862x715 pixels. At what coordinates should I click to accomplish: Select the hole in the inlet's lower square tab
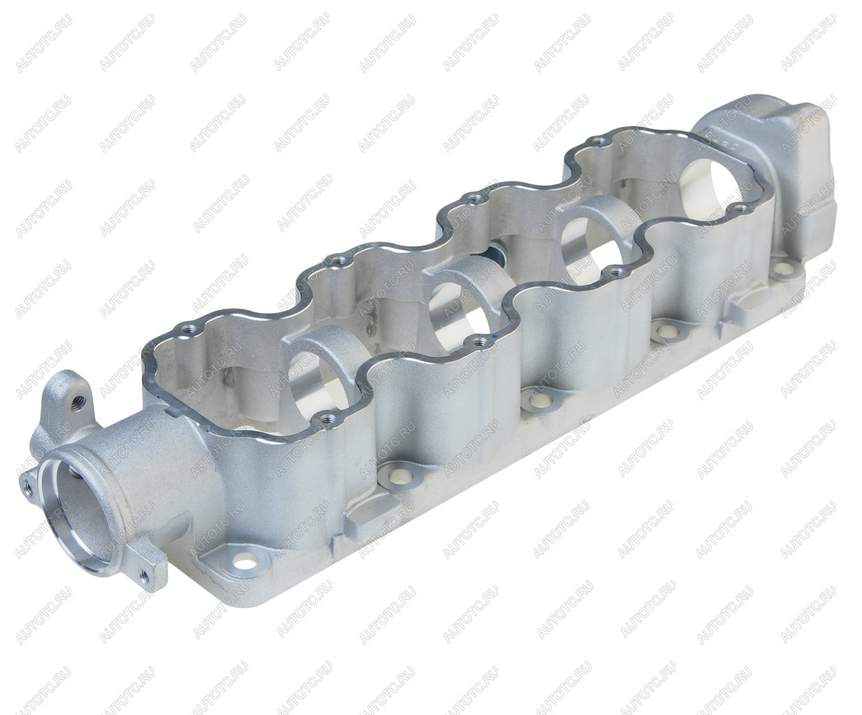click(x=144, y=575)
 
